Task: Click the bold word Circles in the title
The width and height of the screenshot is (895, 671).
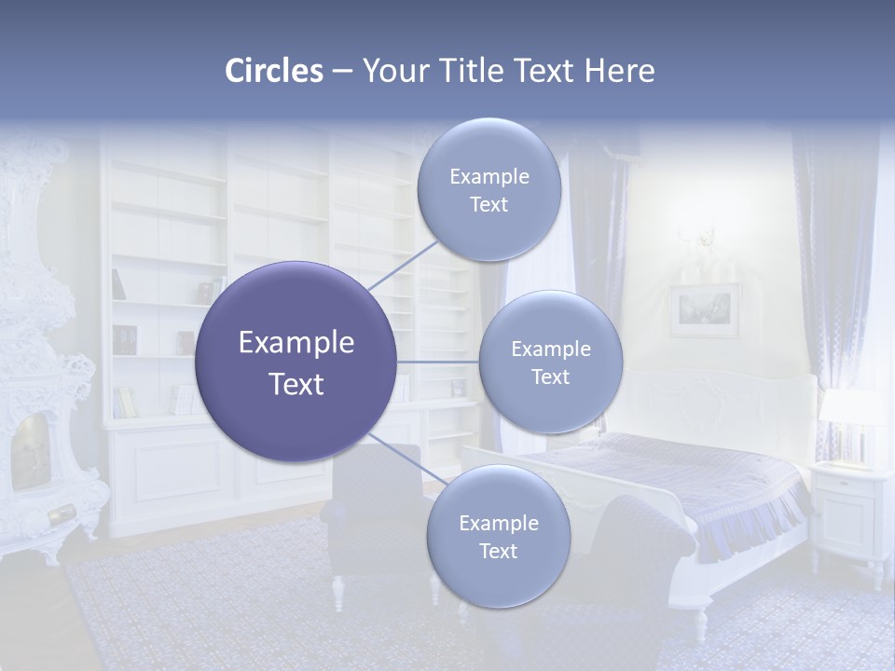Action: tap(273, 71)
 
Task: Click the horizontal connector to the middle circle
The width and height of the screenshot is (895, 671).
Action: tap(437, 362)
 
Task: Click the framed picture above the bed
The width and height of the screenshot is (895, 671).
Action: tap(704, 310)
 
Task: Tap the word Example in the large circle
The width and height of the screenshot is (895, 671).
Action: tap(296, 343)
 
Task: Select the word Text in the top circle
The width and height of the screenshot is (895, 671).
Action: tap(489, 205)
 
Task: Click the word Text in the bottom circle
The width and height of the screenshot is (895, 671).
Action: tap(498, 552)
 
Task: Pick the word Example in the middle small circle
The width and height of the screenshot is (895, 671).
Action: tap(550, 349)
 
